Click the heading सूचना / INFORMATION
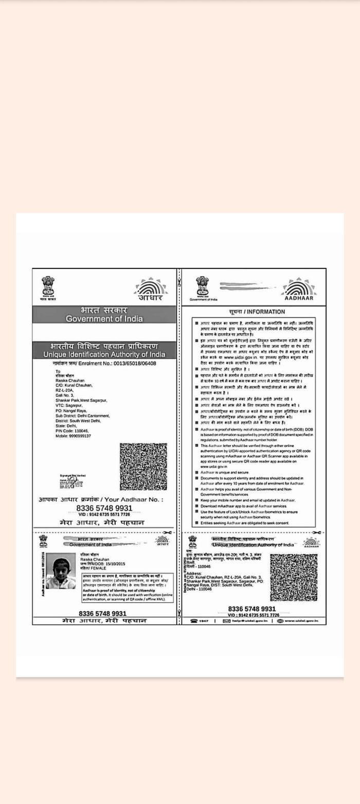tap(257, 312)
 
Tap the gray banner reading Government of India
tap(104, 315)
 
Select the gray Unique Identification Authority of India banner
tap(104, 350)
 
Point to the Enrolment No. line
tap(104, 363)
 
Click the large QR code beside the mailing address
tap(143, 466)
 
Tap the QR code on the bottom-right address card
tap(294, 577)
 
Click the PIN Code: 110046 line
tap(73, 431)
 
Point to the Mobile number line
tap(74, 436)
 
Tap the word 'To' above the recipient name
tap(58, 371)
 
